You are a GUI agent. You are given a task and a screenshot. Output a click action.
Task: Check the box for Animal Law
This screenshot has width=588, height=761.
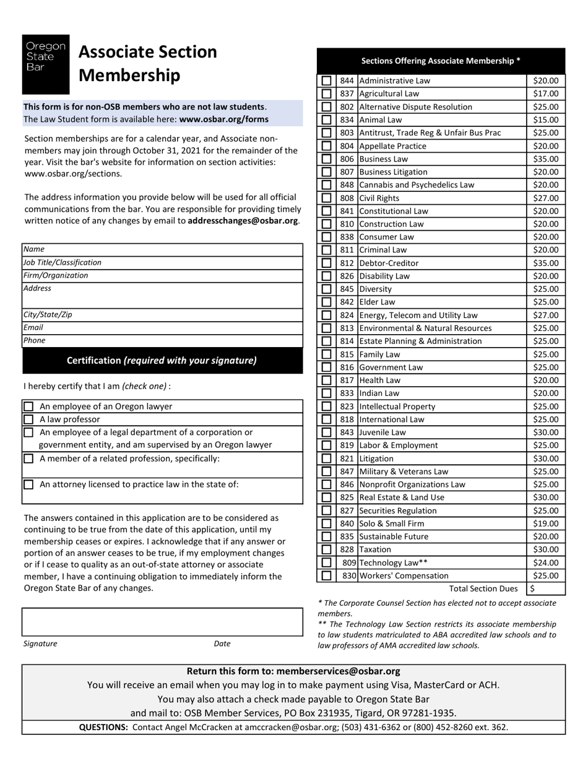pos(326,120)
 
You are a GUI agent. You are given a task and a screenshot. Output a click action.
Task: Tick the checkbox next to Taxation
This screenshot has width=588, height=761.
pos(326,549)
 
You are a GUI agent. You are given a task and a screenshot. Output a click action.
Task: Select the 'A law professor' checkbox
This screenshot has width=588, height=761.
pos(28,419)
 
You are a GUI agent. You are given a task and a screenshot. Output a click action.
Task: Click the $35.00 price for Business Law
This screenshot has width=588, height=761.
pos(545,159)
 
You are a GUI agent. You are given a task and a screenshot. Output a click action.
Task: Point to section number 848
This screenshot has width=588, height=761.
pos(347,185)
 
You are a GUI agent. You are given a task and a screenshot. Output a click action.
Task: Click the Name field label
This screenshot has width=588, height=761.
pos(34,249)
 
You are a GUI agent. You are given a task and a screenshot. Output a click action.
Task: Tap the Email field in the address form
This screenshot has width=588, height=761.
pos(162,328)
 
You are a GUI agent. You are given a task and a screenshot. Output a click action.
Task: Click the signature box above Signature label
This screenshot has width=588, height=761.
pos(162,622)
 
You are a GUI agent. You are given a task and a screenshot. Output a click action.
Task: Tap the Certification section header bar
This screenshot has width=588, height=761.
pos(162,361)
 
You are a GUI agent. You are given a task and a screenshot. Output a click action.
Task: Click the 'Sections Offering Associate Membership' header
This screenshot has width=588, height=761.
pos(441,61)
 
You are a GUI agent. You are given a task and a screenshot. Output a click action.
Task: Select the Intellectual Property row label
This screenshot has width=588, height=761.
pos(397,406)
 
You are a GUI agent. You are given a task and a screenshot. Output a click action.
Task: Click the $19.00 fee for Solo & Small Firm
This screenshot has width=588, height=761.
pos(545,523)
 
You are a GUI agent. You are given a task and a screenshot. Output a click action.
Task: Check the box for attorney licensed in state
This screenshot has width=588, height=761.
pos(28,485)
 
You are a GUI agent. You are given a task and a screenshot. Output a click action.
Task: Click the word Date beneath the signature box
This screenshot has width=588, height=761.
pos(222,643)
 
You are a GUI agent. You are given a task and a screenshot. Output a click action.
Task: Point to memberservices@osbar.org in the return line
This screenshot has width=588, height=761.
pos(339,671)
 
